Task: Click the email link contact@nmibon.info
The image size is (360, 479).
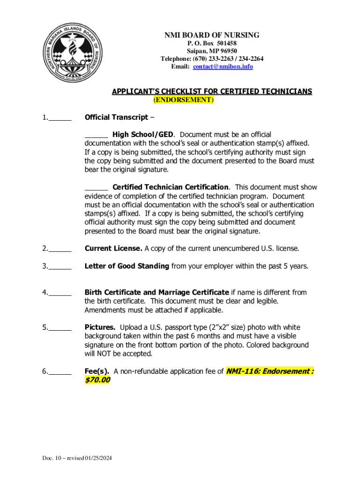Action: tap(223, 67)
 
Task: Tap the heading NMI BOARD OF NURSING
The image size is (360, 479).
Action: tap(212, 36)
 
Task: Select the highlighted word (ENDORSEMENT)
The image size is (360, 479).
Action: tap(183, 100)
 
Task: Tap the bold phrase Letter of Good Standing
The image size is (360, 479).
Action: tap(127, 266)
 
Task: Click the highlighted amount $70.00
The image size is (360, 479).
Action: tap(97, 380)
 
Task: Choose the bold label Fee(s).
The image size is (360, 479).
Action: tap(97, 371)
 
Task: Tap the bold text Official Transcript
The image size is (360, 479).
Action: tap(116, 117)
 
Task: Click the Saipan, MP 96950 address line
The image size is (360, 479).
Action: tap(212, 51)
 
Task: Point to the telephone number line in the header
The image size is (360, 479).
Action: tap(212, 59)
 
